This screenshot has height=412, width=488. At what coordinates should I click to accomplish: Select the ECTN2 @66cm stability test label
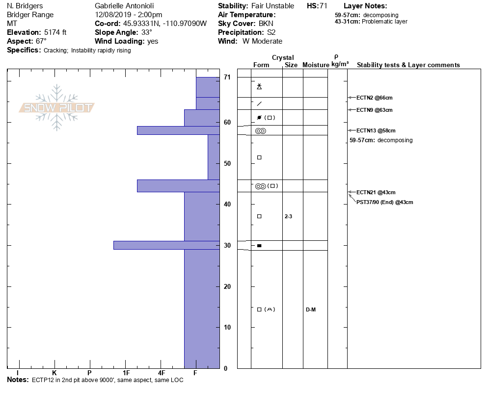(374, 98)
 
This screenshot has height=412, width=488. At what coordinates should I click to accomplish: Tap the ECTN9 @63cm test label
(374, 110)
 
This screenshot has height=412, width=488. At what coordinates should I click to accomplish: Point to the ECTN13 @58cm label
(376, 130)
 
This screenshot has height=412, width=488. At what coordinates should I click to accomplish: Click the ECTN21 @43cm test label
(376, 192)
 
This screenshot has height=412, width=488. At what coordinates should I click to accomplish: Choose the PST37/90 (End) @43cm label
(384, 202)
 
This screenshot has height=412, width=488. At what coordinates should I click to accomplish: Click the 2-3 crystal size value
(288, 216)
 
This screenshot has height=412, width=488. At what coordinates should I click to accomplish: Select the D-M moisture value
(311, 309)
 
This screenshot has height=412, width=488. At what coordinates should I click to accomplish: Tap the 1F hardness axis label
(126, 374)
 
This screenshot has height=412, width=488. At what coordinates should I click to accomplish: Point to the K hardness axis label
(54, 374)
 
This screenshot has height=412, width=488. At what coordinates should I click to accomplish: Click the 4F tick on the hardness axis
(161, 374)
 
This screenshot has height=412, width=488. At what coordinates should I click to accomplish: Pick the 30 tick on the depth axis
(227, 245)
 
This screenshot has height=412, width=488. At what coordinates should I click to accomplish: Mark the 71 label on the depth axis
(227, 77)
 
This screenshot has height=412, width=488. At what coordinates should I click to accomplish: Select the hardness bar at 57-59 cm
(178, 130)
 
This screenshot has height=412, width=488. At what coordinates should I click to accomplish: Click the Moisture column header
(316, 65)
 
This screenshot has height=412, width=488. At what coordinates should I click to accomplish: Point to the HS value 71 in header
(323, 6)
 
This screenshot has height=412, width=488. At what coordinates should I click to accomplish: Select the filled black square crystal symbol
(259, 245)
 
